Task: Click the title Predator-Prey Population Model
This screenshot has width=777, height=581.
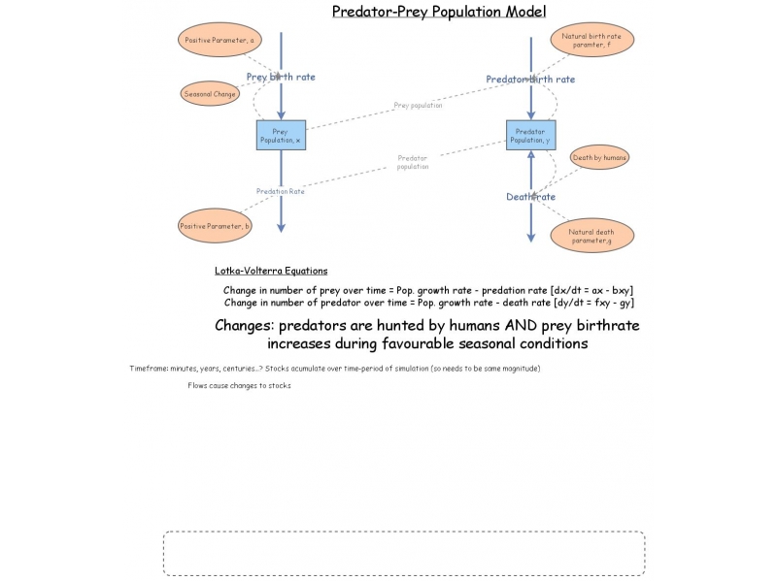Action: coord(439,12)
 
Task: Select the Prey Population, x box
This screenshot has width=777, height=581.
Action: coord(281,136)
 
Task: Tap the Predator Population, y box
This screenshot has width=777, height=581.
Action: coord(530,136)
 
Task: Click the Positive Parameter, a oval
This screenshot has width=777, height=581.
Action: coord(220,41)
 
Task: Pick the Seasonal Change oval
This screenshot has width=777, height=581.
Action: coord(211,94)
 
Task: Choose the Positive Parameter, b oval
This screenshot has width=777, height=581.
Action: coord(216,226)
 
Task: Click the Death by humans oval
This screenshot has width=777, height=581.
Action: coord(599,157)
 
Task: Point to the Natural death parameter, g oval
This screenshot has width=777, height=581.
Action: coord(591,235)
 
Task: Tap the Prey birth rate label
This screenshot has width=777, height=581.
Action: coord(281,77)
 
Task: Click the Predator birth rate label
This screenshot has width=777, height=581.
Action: coord(530,80)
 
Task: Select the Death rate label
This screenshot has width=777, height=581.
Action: coord(530,197)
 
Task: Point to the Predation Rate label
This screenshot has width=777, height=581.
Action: coord(281,192)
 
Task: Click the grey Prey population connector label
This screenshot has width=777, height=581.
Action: coord(418,106)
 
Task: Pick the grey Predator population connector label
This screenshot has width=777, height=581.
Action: coord(413,162)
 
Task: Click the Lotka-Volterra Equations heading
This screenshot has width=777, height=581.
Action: coord(271,272)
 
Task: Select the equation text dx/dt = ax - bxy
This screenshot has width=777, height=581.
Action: coord(592,290)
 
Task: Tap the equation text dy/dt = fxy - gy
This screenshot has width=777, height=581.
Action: coord(593,303)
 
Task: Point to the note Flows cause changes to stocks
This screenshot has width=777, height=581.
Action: coord(240,386)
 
